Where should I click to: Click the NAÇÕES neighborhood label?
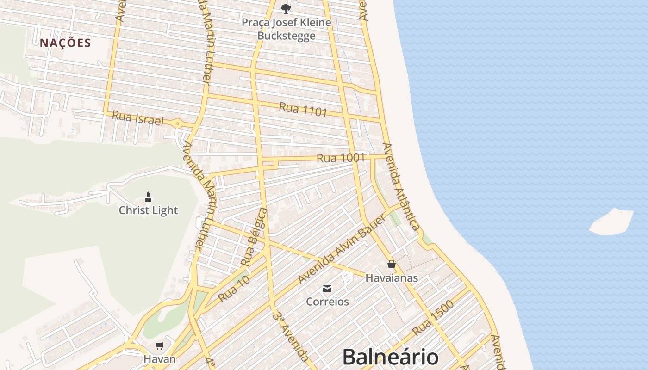click(65, 43)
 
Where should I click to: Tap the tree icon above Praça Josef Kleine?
click(286, 8)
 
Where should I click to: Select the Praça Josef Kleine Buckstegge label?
click(287, 29)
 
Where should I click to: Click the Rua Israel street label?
click(138, 118)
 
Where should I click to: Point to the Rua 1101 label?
click(303, 110)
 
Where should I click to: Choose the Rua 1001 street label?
click(341, 158)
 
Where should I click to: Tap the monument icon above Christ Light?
click(148, 197)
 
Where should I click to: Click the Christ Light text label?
click(148, 210)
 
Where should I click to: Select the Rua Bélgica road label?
click(254, 237)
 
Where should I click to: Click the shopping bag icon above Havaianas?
click(392, 264)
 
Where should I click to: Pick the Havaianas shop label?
click(392, 278)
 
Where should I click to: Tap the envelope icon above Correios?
click(327, 289)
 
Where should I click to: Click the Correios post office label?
click(327, 302)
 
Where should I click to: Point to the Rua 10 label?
click(234, 289)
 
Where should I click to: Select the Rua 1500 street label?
click(433, 318)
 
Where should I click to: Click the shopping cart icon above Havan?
click(160, 345)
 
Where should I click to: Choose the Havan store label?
click(160, 359)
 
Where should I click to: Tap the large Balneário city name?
click(390, 357)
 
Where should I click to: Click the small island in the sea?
click(611, 222)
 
